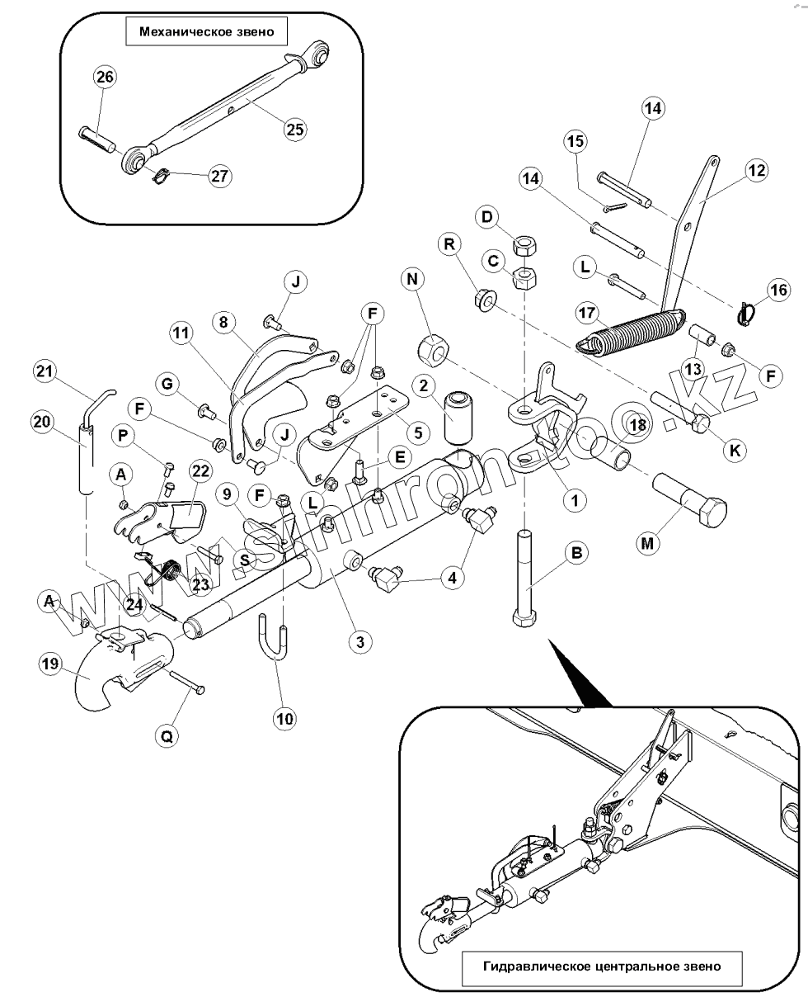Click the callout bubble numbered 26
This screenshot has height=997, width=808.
105,78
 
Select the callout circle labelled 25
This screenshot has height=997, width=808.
294,129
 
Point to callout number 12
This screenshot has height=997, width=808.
756,171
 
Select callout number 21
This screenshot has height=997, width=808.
46,372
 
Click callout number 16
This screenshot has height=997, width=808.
777,290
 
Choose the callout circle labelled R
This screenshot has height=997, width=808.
449,245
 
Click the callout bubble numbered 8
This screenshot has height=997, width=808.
223,322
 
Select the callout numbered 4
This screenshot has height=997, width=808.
452,579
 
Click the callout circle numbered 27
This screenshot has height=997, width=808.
220,177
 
